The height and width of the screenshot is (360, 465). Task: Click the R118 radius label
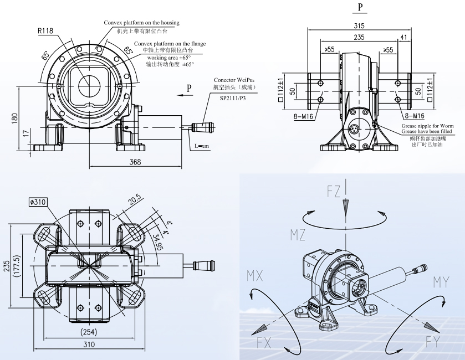point(45,32)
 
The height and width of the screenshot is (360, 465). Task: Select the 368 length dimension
point(135,162)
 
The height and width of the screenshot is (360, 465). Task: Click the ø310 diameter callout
point(38,202)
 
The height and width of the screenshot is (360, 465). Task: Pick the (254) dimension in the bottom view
point(89,332)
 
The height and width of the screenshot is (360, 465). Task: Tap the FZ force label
point(334,192)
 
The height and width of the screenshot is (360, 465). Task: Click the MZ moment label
point(298,234)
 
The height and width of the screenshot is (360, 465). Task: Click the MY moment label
point(441,282)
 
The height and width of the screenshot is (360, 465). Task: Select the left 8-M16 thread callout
point(305,116)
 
